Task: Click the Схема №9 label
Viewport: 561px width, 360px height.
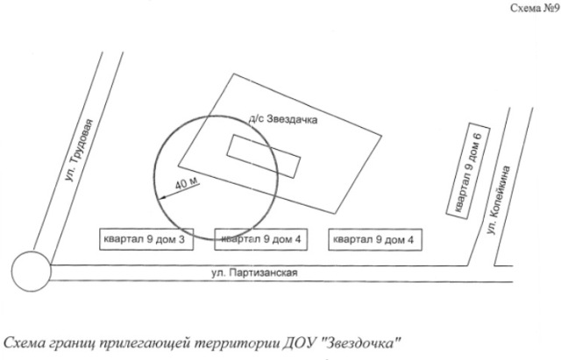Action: [535, 8]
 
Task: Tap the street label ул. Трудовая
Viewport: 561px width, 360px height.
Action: [80, 150]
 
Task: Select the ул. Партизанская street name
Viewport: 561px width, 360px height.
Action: [254, 272]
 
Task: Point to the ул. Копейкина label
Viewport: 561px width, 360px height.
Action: [499, 200]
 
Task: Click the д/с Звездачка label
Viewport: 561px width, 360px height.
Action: [283, 119]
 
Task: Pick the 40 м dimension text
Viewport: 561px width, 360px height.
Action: [187, 183]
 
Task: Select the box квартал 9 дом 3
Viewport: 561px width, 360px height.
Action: [146, 239]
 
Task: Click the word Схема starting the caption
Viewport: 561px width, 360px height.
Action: [25, 343]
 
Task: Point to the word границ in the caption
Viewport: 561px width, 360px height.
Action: [74, 344]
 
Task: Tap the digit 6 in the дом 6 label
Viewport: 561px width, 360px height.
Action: [478, 137]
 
